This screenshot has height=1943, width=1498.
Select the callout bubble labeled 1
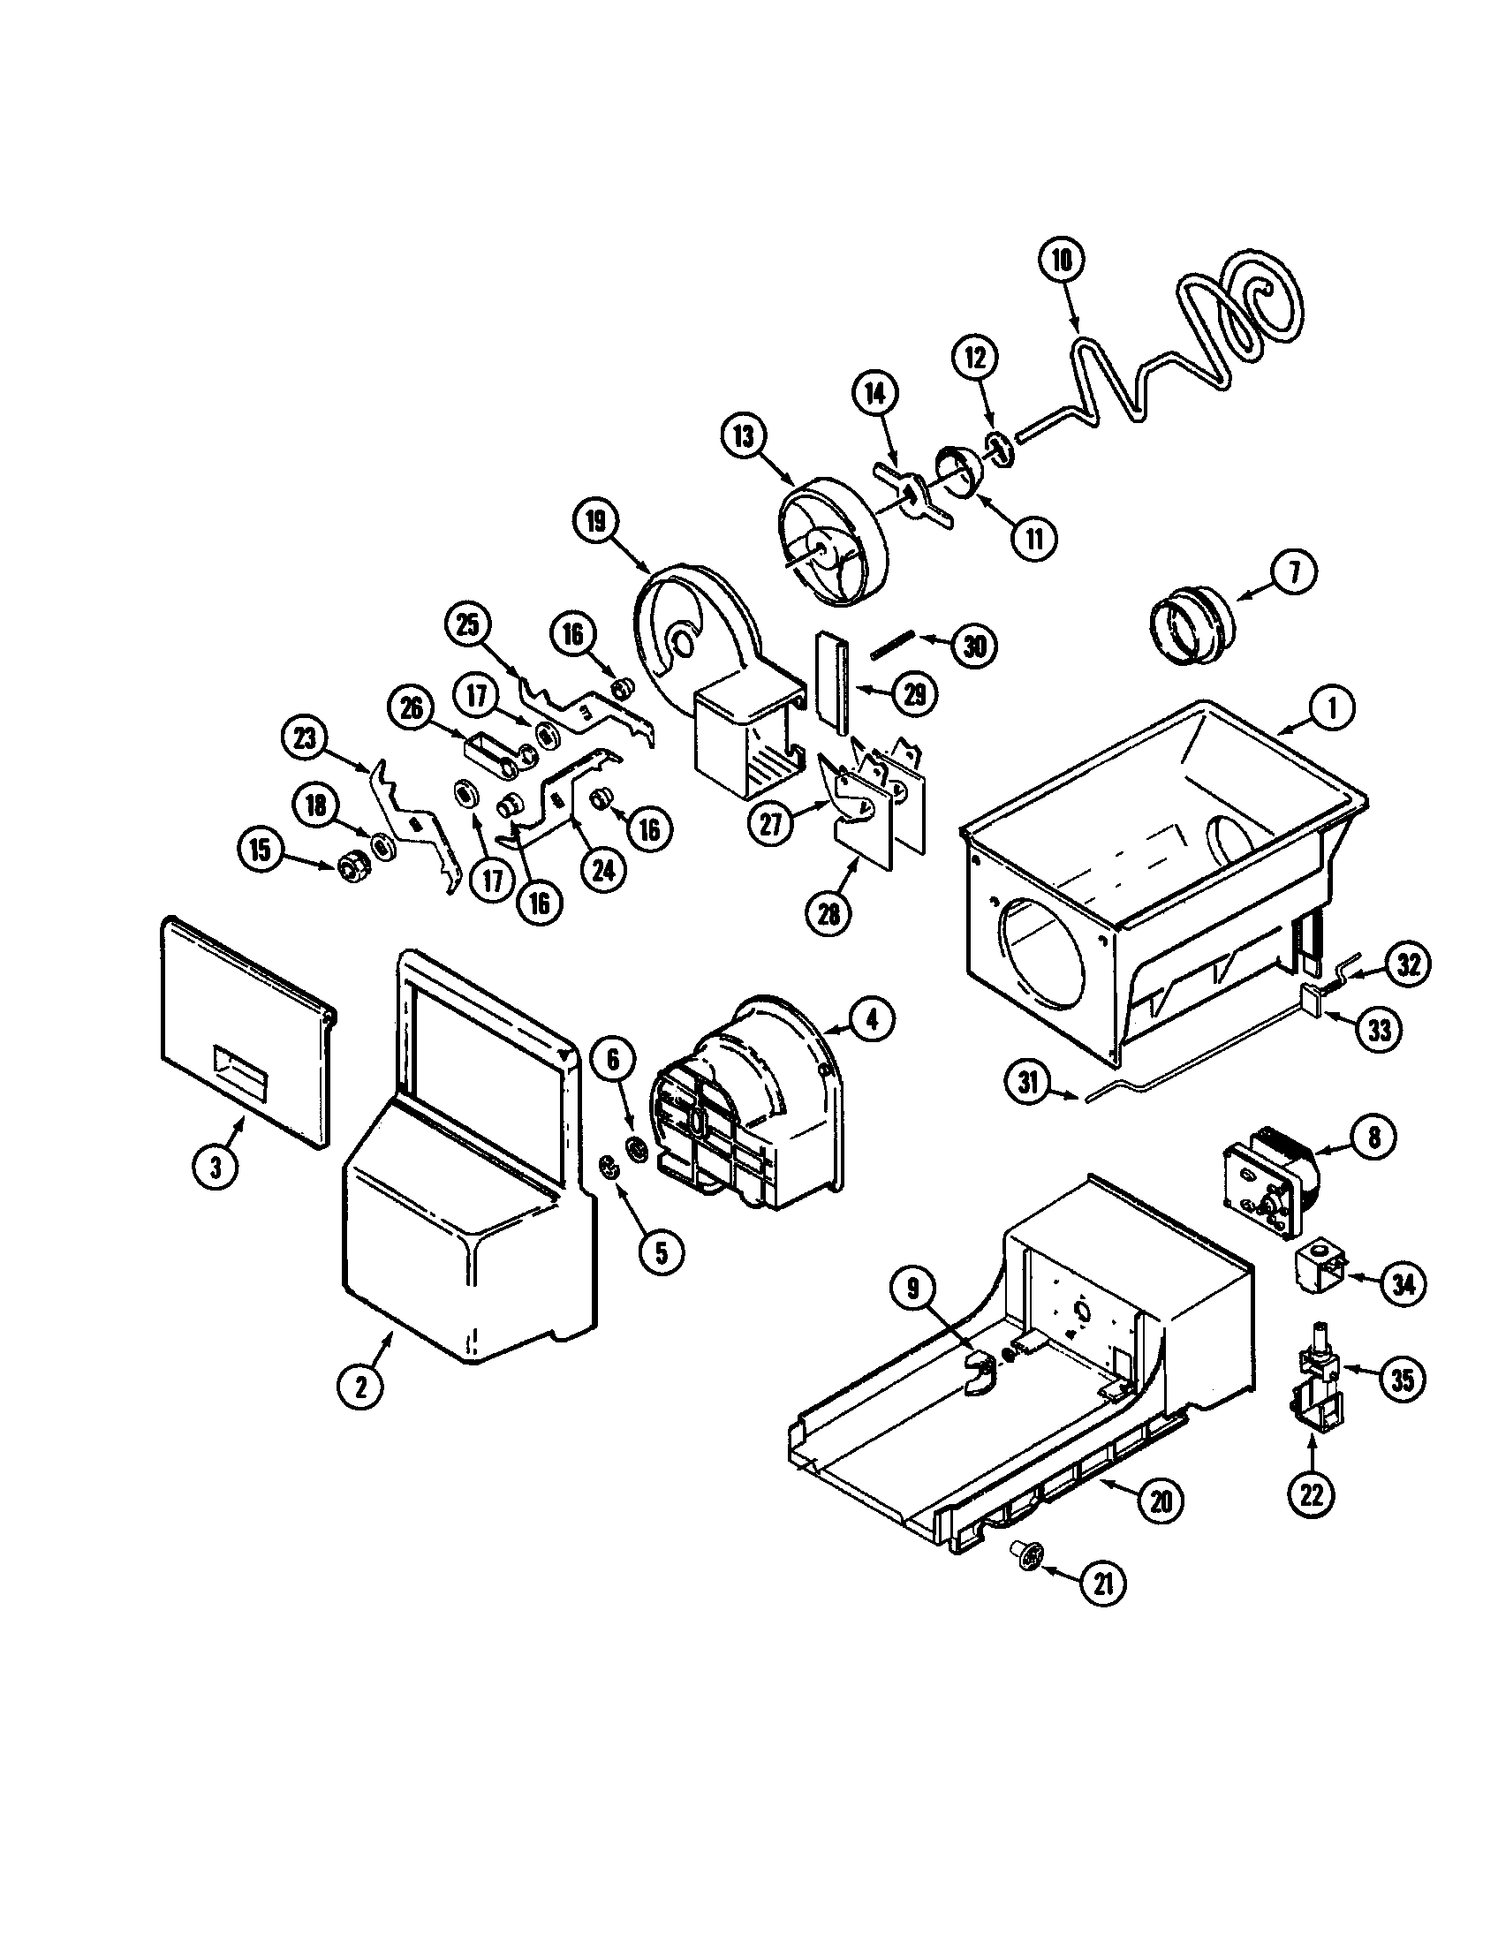(1332, 708)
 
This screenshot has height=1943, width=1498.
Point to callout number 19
(595, 522)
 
